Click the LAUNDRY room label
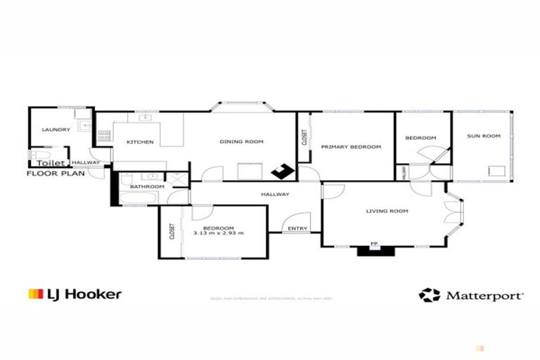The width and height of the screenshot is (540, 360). point(56,129)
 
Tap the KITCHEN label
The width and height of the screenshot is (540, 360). point(140,142)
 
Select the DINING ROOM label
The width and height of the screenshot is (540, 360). point(241,142)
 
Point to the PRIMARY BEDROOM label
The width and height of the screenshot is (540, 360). point(351,147)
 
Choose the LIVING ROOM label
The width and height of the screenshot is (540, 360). point(387,211)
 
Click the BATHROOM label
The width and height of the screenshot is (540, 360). point(147,186)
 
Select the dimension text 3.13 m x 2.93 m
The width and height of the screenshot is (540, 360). point(219,233)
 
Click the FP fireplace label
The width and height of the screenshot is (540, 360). point(374,245)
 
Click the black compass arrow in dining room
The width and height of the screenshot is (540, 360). point(283,170)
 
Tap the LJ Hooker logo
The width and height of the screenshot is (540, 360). point(75,294)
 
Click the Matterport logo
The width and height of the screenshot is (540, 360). point(471,295)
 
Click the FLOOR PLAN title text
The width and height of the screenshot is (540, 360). point(54,172)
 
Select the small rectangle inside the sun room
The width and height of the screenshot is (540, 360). point(497,169)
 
